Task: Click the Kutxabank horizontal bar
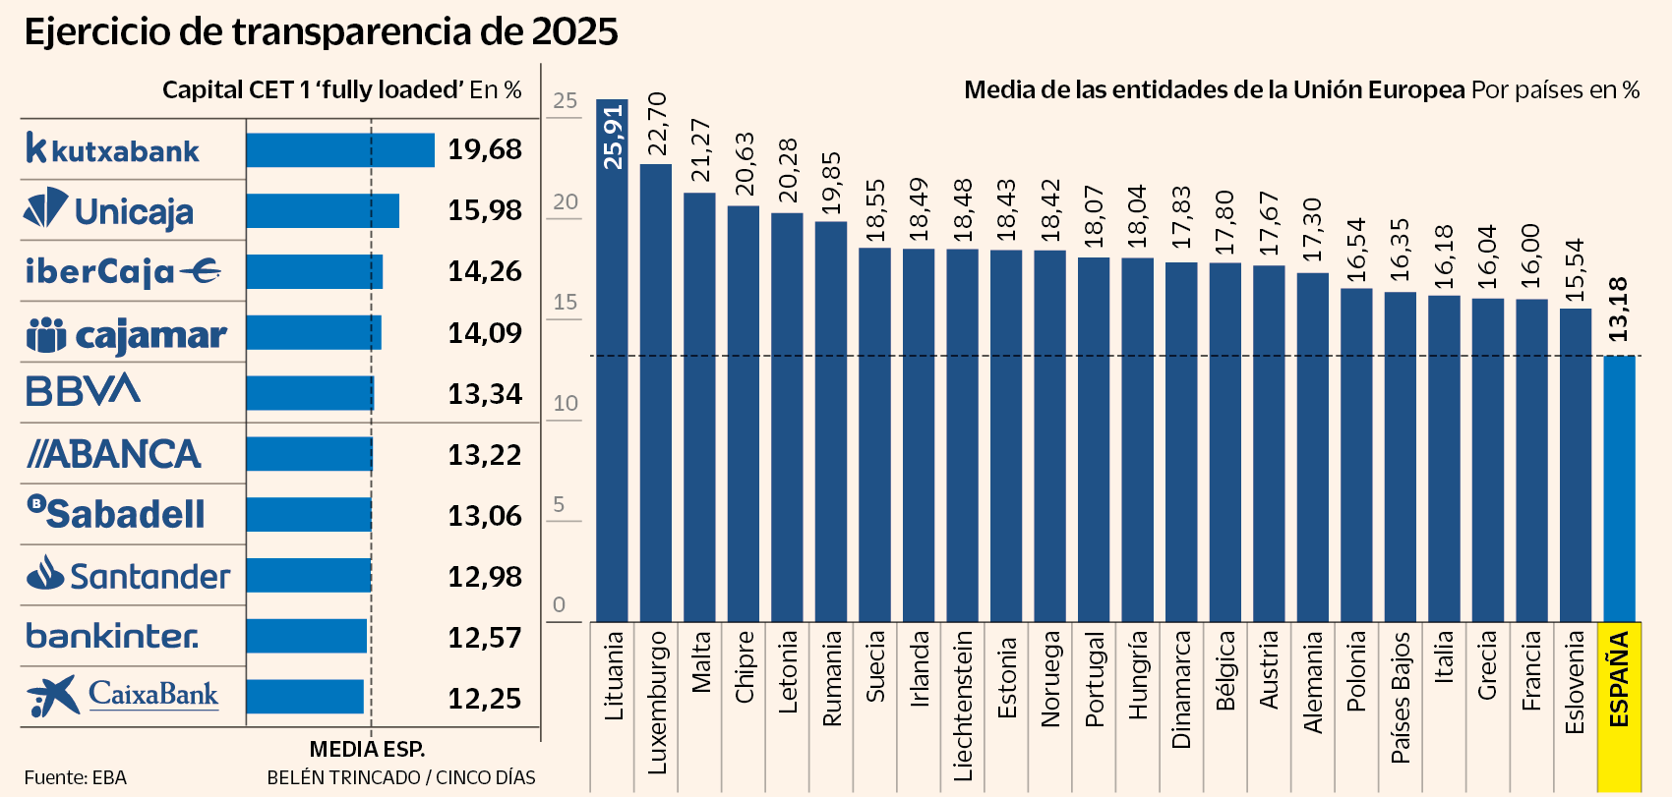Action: (x=340, y=150)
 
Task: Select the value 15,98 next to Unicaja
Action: (x=485, y=210)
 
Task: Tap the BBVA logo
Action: (x=84, y=391)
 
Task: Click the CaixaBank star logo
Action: (x=52, y=696)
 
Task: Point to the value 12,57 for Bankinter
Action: (x=485, y=638)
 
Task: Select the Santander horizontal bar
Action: (x=309, y=575)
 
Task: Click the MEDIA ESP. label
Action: (x=368, y=749)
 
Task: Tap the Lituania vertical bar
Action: (x=612, y=393)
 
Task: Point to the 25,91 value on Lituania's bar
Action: (x=613, y=138)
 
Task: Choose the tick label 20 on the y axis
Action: (x=566, y=201)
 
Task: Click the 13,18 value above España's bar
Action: (x=1618, y=311)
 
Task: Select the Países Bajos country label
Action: (x=1400, y=698)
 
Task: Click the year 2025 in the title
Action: (x=574, y=31)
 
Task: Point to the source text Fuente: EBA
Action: (x=76, y=777)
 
